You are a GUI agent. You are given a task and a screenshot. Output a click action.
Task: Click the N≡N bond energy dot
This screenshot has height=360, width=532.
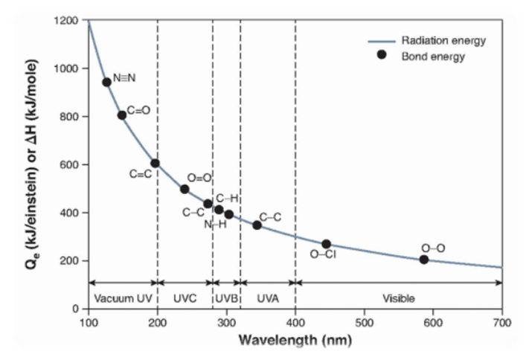tap(106, 82)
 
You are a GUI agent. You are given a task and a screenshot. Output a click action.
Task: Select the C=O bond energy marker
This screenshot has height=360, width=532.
tap(122, 115)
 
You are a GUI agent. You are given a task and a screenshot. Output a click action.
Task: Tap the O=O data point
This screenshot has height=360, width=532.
tap(185, 189)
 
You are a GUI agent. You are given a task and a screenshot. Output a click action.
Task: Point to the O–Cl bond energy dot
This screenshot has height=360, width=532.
tap(326, 244)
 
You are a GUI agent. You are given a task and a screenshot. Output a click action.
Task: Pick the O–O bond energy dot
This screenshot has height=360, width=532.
tap(424, 260)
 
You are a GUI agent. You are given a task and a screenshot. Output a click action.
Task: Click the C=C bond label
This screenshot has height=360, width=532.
tap(141, 175)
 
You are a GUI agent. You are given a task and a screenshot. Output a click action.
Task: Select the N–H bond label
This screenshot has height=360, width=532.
tap(215, 225)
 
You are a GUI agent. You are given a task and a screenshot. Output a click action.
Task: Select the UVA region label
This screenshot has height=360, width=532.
tap(268, 299)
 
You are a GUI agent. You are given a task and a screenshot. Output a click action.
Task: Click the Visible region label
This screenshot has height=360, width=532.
tap(398, 299)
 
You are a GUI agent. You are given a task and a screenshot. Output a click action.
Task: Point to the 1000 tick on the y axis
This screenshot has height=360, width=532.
tap(67, 68)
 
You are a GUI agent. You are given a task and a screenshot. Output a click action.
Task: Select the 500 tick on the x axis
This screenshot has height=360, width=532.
tap(364, 322)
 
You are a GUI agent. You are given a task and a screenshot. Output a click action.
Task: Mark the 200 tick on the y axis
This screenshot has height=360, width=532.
tap(70, 260)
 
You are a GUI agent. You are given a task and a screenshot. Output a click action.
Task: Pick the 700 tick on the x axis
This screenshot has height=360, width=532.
tap(502, 322)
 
